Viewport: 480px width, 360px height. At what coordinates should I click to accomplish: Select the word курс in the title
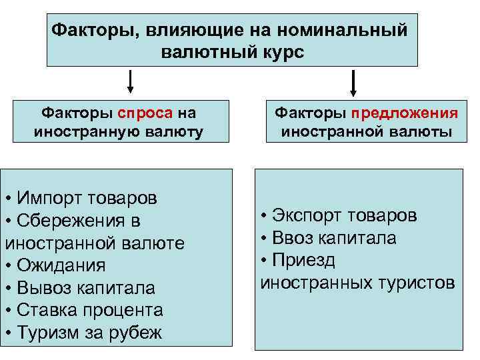point(283,52)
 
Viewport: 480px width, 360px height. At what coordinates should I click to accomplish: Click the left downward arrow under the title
point(130,82)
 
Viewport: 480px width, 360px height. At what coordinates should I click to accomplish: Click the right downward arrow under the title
point(353,83)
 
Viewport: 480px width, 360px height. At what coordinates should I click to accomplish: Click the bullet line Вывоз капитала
point(79,288)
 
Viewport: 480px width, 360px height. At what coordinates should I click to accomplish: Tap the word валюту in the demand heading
point(171,132)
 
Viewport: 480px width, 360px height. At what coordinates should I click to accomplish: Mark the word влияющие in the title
point(185,30)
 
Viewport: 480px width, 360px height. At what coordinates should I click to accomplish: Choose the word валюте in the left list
point(152,243)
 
